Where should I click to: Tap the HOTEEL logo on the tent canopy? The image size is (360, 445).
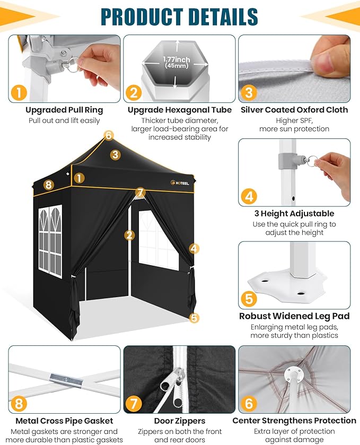[x=180, y=183]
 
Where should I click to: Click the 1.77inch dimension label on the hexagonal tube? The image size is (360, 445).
[x=176, y=59]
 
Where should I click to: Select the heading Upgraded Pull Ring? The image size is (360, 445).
[x=64, y=110]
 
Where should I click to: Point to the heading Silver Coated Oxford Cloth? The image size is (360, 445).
[x=294, y=110]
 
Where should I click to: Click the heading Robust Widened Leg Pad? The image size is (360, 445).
[x=294, y=316]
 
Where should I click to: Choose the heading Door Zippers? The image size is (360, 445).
[x=180, y=421]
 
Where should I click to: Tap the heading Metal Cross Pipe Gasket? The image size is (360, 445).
[x=64, y=421]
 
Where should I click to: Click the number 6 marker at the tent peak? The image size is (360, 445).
[x=109, y=135]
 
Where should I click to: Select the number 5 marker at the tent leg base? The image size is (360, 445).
[x=194, y=318]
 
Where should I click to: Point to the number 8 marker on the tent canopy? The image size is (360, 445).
[x=48, y=185]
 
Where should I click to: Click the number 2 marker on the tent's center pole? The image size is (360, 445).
[x=129, y=235]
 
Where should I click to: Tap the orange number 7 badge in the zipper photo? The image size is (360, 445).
[x=133, y=403]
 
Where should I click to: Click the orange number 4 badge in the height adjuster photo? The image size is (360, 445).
[x=249, y=196]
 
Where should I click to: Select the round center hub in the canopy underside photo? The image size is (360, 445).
[x=294, y=374]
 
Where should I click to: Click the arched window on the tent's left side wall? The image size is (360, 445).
[x=50, y=241]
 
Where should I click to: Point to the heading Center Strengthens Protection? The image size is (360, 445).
[x=294, y=421]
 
